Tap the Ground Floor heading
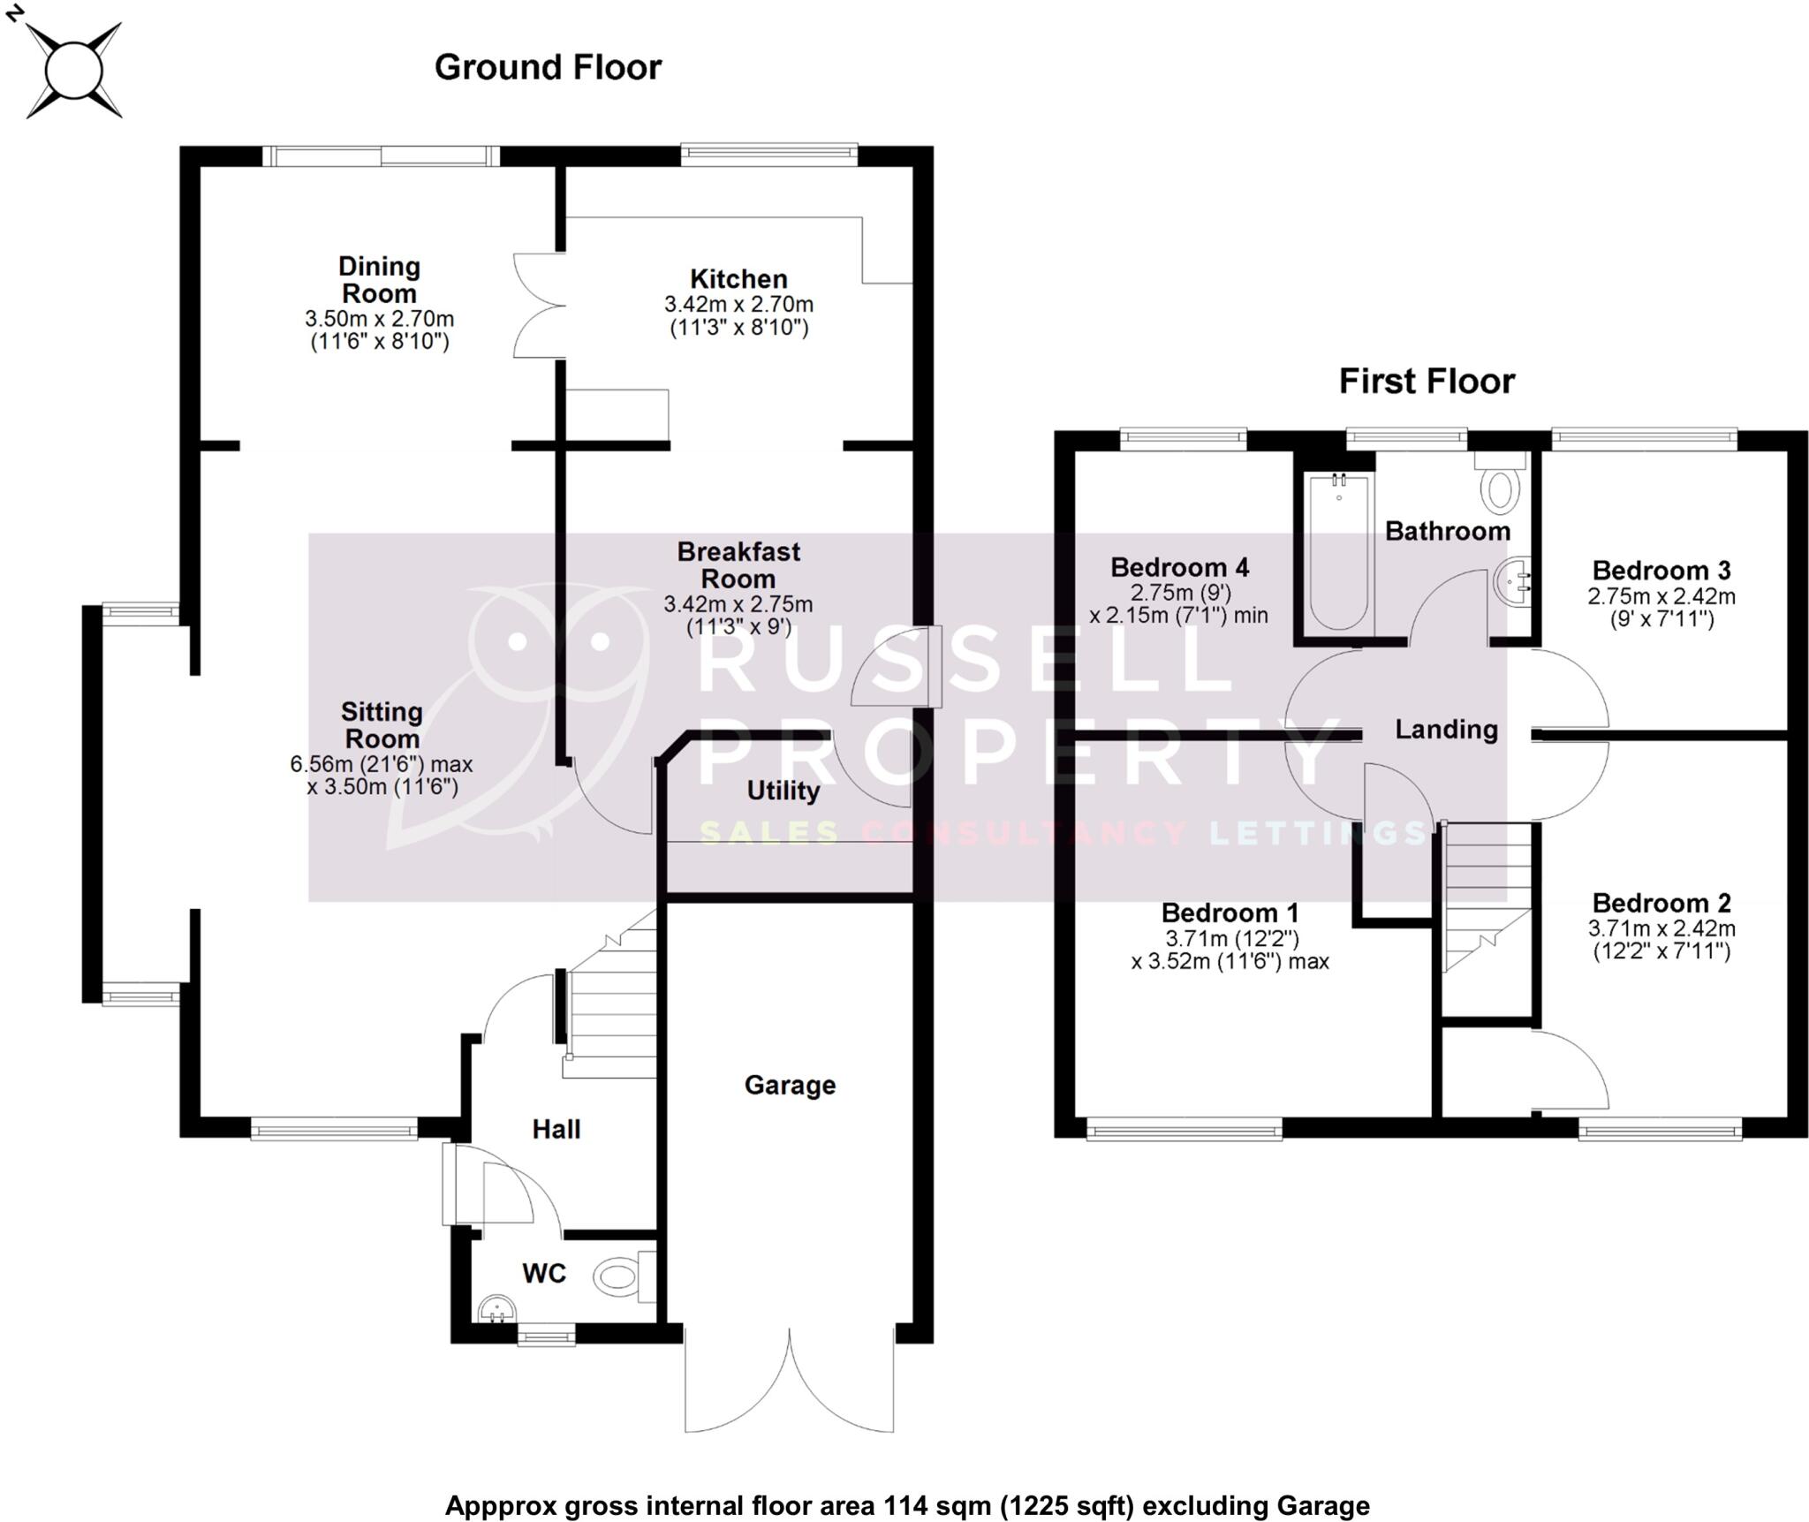548,68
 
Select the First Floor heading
1426,382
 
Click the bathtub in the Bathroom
1339,552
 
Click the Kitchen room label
738,279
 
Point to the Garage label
789,1085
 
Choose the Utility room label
783,791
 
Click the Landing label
1446,730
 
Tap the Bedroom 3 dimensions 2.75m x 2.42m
1661,596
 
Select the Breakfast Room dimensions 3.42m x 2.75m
738,605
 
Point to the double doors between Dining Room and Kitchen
539,306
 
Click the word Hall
556,1129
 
